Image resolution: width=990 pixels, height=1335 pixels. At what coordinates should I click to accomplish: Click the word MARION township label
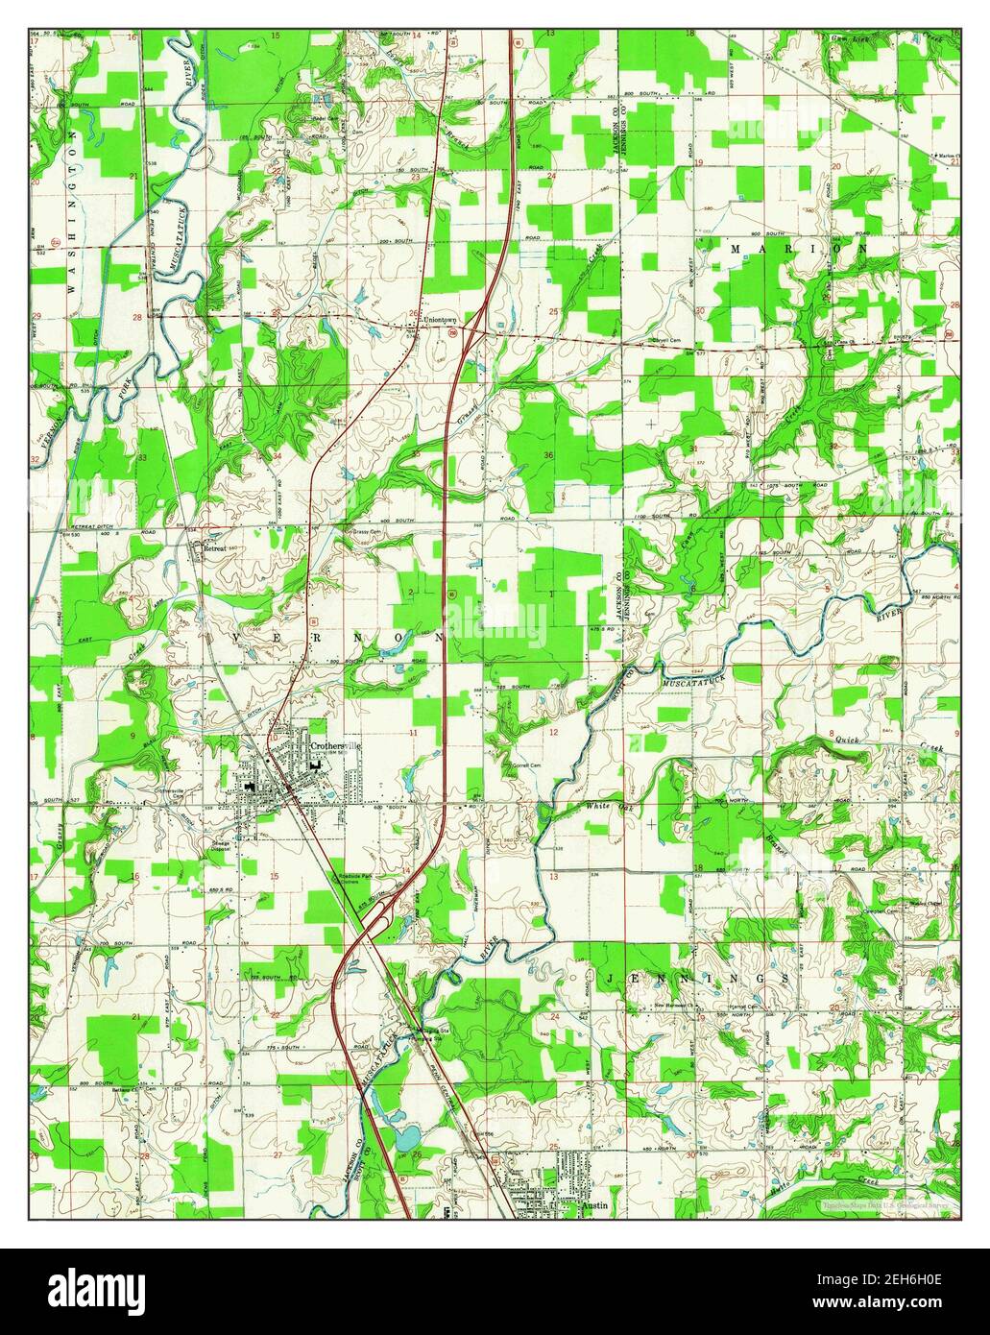coord(799,248)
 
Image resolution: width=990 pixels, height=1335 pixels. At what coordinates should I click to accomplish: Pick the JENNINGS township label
coord(697,977)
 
